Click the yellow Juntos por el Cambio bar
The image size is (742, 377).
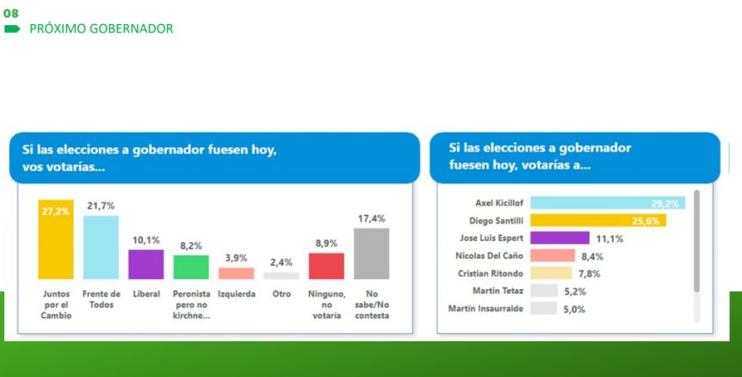point(56,239)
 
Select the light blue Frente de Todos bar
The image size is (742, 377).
point(101,247)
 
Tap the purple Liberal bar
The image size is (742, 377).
point(146,264)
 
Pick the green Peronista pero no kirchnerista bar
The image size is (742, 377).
point(191,268)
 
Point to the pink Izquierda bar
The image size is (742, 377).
point(236,274)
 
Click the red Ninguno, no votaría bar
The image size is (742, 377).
point(326,266)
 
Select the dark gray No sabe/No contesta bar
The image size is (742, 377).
point(372,254)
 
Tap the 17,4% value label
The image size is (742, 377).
point(372,219)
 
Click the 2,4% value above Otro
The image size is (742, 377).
point(281,262)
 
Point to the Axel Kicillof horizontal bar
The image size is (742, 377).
point(608,203)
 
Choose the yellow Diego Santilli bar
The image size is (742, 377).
point(598,220)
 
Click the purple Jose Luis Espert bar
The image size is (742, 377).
point(560,238)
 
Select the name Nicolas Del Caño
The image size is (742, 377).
point(489,256)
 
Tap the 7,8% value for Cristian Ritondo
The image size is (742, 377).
point(589,274)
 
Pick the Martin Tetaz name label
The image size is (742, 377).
point(498,291)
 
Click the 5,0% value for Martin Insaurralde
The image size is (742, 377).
point(574,309)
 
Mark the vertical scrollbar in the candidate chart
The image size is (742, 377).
point(696,241)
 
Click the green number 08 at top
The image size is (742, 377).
point(10,13)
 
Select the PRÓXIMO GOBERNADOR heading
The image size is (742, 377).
point(102,29)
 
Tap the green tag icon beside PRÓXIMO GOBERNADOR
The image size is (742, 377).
point(12,29)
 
